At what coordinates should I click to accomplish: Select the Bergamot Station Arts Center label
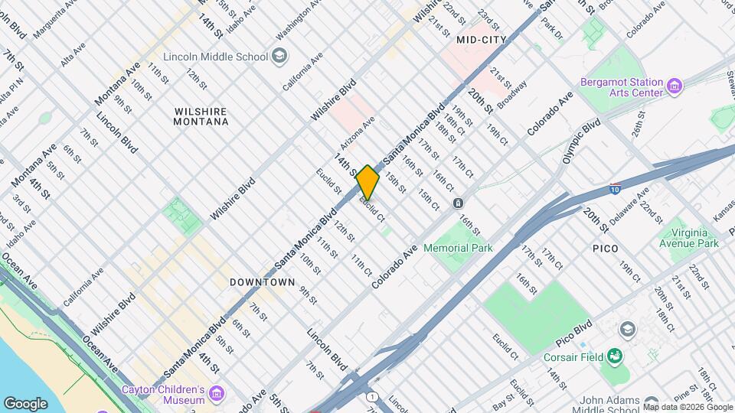coord(620,87)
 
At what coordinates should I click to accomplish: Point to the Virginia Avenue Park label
coord(689,238)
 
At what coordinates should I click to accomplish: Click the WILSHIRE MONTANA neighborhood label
coord(201,116)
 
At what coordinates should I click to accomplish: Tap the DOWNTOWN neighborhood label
coord(263,282)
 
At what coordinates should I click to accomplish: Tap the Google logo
coord(25,403)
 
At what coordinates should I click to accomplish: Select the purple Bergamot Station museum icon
coord(675,85)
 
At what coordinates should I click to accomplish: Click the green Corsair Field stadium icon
coord(614,356)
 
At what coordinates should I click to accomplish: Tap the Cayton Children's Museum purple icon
coord(217,394)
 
